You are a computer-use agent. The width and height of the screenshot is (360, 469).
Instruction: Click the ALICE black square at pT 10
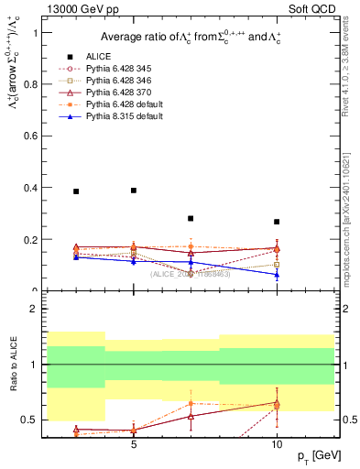click(x=277, y=222)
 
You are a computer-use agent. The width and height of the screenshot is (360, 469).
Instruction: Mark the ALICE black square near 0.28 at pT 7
click(x=191, y=219)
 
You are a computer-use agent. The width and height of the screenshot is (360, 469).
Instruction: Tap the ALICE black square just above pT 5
click(x=134, y=191)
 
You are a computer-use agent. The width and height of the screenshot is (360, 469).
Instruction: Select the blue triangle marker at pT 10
click(x=277, y=275)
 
